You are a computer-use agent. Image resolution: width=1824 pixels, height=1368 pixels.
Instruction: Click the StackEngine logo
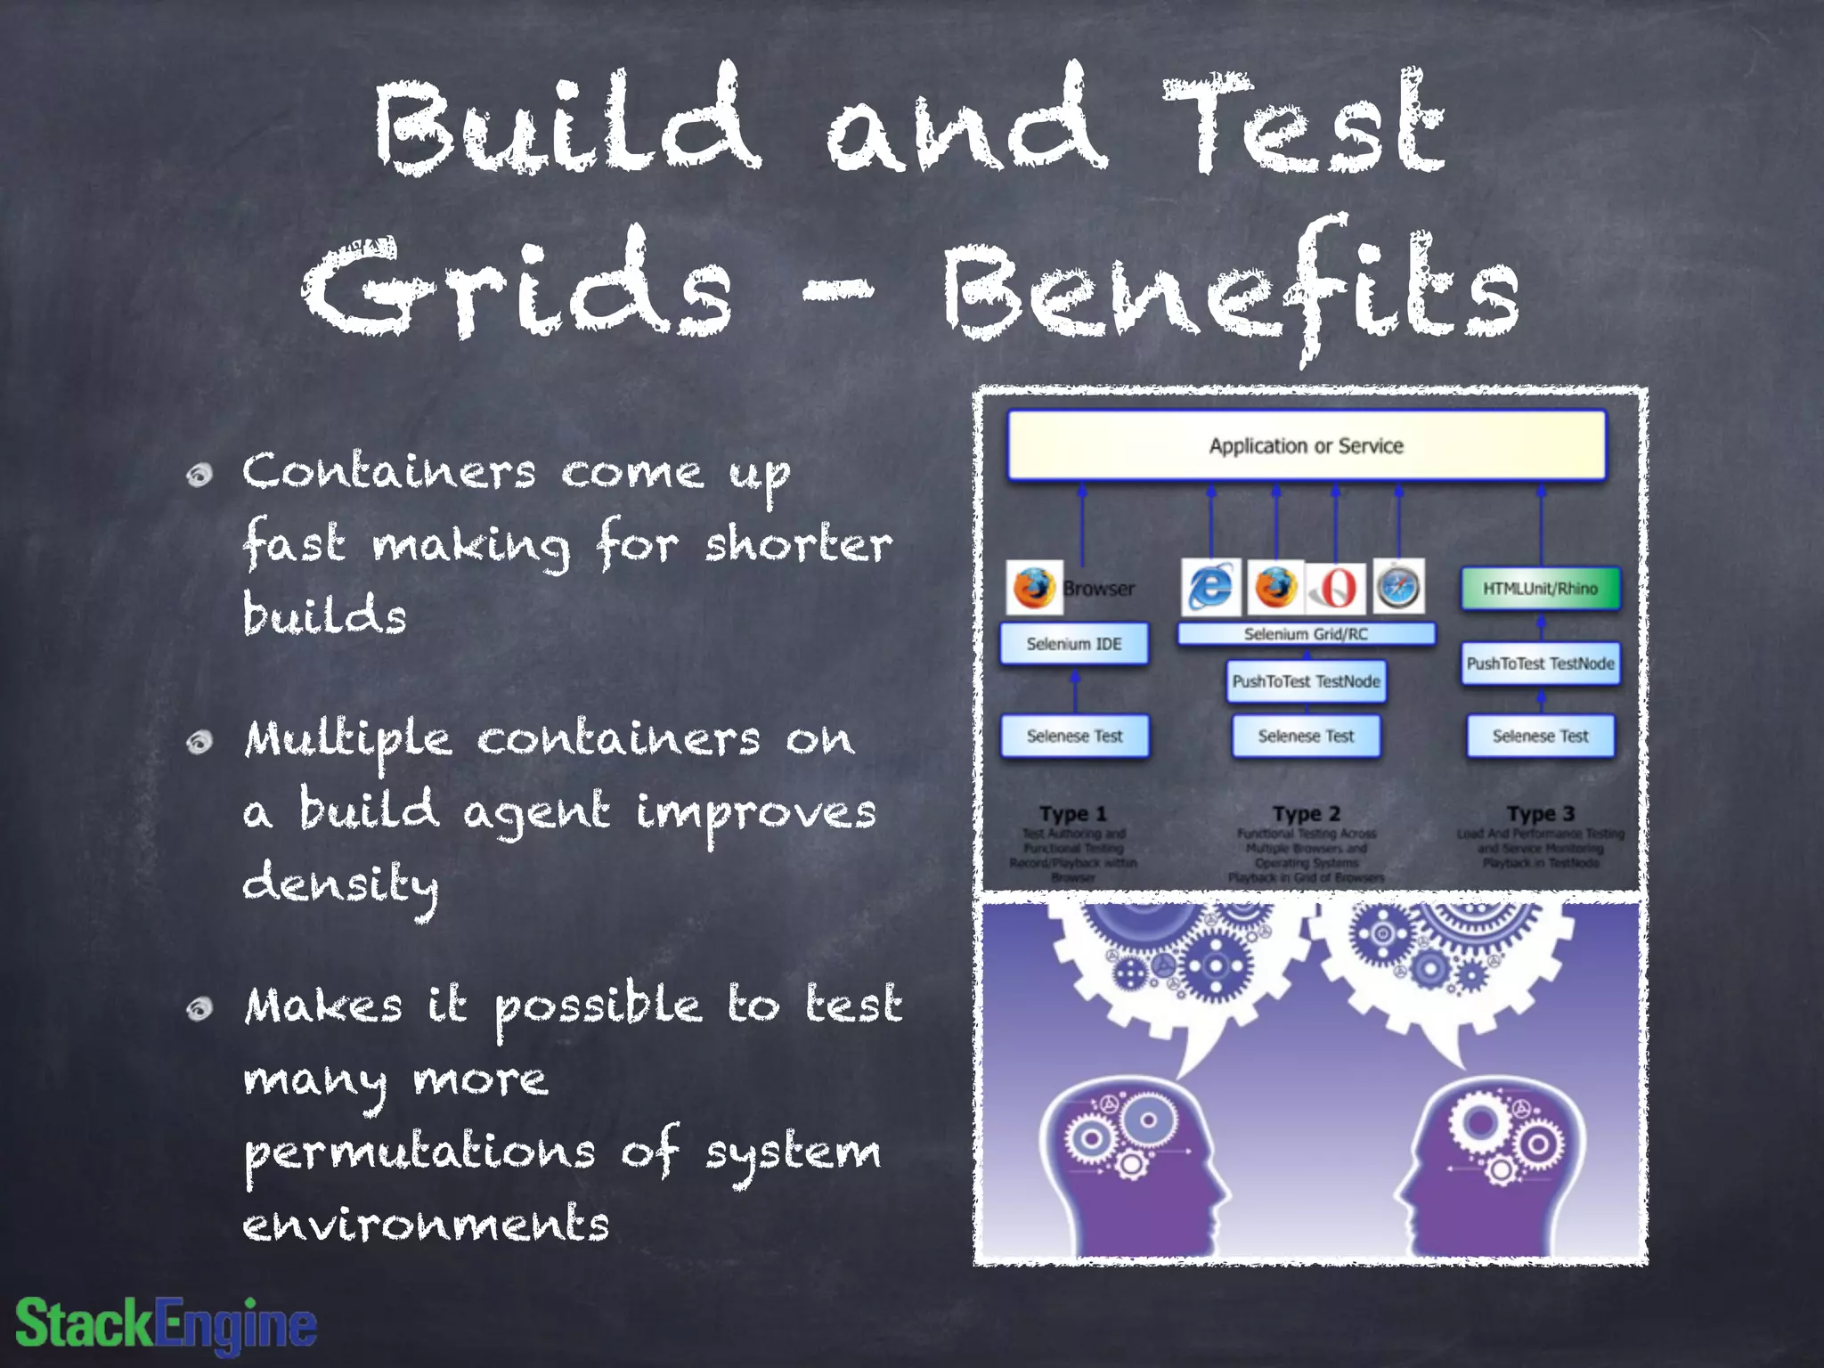[167, 1324]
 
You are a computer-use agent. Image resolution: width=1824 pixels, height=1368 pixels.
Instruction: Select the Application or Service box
[1306, 445]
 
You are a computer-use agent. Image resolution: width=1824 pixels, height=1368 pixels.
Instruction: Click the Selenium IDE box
[1074, 644]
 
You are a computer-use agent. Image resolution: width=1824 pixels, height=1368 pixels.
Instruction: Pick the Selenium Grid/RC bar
[1306, 634]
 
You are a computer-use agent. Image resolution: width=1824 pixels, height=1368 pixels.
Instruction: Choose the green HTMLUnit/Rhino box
[1540, 589]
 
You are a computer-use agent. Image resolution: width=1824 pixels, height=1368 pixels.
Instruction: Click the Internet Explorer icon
[1210, 587]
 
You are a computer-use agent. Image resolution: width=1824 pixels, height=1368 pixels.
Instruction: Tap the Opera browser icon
[1335, 588]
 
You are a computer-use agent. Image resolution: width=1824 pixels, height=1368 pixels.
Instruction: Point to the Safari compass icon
[1397, 587]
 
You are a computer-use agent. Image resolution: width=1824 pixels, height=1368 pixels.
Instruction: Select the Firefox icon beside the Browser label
[1034, 588]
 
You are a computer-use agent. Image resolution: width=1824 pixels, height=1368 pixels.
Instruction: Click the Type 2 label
[1306, 814]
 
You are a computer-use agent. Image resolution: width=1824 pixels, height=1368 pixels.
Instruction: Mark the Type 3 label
[1540, 814]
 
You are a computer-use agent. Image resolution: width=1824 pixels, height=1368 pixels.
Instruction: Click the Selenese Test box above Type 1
[1074, 737]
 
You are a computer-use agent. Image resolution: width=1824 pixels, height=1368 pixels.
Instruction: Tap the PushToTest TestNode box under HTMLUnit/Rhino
[1540, 664]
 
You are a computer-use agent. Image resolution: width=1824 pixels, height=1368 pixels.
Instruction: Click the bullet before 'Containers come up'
[199, 475]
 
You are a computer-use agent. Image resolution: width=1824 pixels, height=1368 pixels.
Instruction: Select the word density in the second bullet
[340, 884]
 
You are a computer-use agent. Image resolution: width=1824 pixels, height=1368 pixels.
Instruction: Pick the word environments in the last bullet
[426, 1224]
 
